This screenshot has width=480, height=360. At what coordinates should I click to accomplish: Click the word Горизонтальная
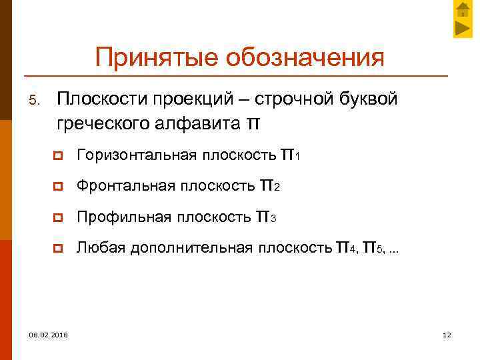pyautogui.click(x=137, y=156)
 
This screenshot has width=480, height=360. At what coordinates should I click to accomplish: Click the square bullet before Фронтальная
pyautogui.click(x=60, y=187)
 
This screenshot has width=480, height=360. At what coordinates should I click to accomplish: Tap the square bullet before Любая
pyautogui.click(x=60, y=249)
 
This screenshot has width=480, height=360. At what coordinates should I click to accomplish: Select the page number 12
pyautogui.click(x=447, y=335)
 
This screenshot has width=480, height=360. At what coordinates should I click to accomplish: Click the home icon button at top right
pyautogui.click(x=463, y=10)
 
